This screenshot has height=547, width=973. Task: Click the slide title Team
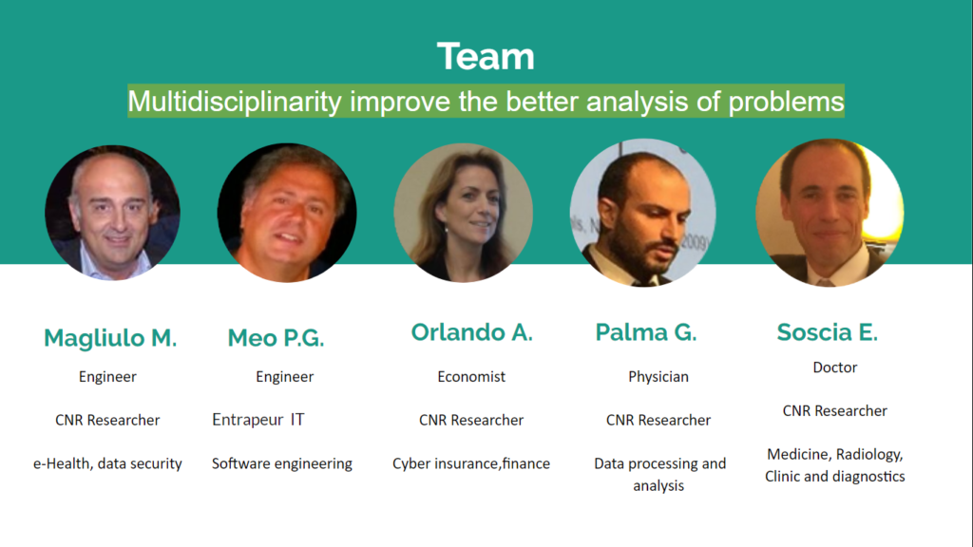pyautogui.click(x=486, y=56)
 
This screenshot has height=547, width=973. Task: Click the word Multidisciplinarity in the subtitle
pyautogui.click(x=235, y=102)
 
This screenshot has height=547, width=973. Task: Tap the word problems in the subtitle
pyautogui.click(x=786, y=102)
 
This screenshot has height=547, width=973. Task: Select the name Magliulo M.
pyautogui.click(x=110, y=338)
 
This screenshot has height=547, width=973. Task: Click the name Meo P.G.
pyautogui.click(x=276, y=338)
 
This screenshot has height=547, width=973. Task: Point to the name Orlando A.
pyautogui.click(x=471, y=332)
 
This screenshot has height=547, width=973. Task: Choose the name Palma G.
pyautogui.click(x=646, y=332)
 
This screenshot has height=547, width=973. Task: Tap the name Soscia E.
pyautogui.click(x=828, y=332)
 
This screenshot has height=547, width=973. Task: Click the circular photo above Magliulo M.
pyautogui.click(x=112, y=213)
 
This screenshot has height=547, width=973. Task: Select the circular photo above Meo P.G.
pyautogui.click(x=287, y=213)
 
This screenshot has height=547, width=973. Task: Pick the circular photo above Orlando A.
pyautogui.click(x=463, y=213)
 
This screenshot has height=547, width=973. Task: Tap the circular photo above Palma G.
pyautogui.click(x=643, y=213)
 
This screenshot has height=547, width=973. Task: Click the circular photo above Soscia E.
pyautogui.click(x=830, y=213)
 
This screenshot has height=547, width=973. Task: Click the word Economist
pyautogui.click(x=471, y=376)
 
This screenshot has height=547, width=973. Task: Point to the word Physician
pyautogui.click(x=658, y=377)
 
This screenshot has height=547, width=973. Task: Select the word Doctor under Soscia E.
pyautogui.click(x=835, y=368)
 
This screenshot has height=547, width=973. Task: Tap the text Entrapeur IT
pyautogui.click(x=258, y=420)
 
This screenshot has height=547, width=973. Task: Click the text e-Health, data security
pyautogui.click(x=107, y=463)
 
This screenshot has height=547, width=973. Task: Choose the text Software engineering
pyautogui.click(x=281, y=463)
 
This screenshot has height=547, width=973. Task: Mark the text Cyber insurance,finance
pyautogui.click(x=471, y=463)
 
